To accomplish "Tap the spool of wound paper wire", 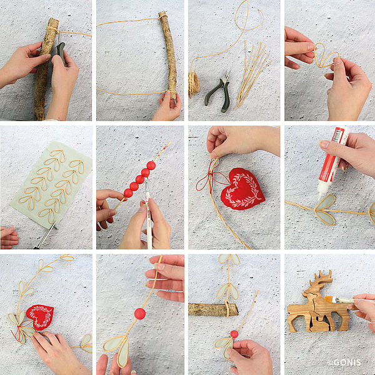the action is point(194,84).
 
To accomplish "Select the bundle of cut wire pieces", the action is point(252,74).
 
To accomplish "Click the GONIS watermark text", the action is point(344,362).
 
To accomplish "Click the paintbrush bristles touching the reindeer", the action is point(329,299).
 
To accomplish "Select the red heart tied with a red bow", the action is point(242,189).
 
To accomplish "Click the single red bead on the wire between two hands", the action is point(140,314).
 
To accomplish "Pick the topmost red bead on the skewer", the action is point(151,166).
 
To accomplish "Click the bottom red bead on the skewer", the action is point(128,192).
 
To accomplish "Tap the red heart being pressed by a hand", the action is point(40,317).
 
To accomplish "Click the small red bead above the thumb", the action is point(234,334).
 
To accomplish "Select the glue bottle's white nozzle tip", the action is point(320,197).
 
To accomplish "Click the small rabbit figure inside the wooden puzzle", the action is point(321,323).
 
